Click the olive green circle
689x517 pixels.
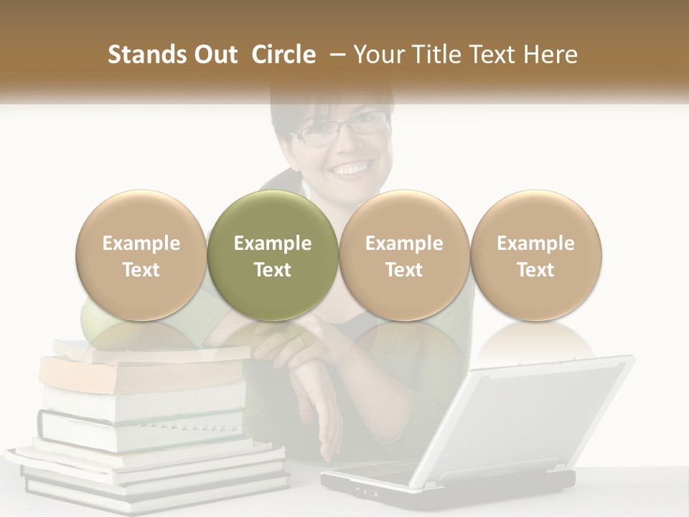[272, 256]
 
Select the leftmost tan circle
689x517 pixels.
[141, 256]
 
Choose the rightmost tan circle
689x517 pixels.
[535, 256]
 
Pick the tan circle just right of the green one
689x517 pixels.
[404, 256]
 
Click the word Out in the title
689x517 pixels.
[213, 55]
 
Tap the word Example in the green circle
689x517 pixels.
[272, 243]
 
